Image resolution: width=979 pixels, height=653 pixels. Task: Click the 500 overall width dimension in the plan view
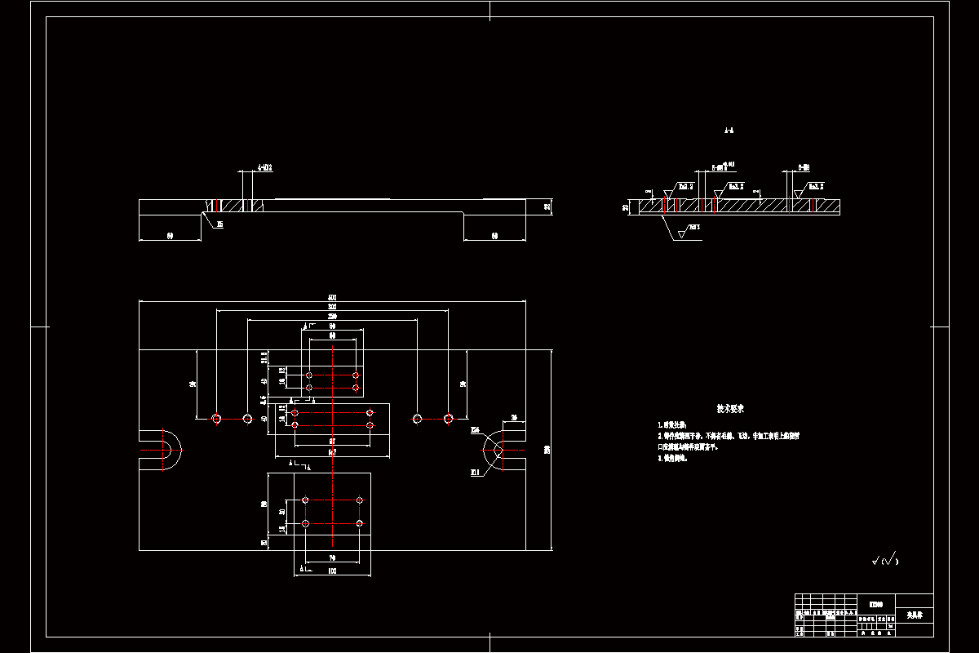pyautogui.click(x=332, y=297)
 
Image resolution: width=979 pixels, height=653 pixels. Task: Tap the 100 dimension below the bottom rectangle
pyautogui.click(x=332, y=571)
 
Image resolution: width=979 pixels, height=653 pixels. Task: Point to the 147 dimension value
pyautogui.click(x=332, y=451)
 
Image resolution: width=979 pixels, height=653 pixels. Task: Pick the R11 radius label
pyautogui.click(x=475, y=472)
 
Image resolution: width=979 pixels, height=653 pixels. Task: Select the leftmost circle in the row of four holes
pyautogui.click(x=217, y=419)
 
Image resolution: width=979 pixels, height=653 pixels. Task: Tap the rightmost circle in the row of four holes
pyautogui.click(x=448, y=419)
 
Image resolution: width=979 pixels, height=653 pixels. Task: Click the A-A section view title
pyautogui.click(x=729, y=130)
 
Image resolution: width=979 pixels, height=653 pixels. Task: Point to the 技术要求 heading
pyautogui.click(x=730, y=408)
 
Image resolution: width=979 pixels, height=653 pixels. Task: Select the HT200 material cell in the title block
pyautogui.click(x=876, y=605)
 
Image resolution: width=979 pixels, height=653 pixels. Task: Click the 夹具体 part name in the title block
pyautogui.click(x=914, y=614)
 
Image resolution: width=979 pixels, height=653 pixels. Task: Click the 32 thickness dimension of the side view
pyautogui.click(x=547, y=207)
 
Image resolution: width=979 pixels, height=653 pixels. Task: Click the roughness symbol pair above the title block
pyautogui.click(x=884, y=560)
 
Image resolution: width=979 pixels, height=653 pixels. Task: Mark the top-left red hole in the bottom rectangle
pyautogui.click(x=305, y=500)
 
